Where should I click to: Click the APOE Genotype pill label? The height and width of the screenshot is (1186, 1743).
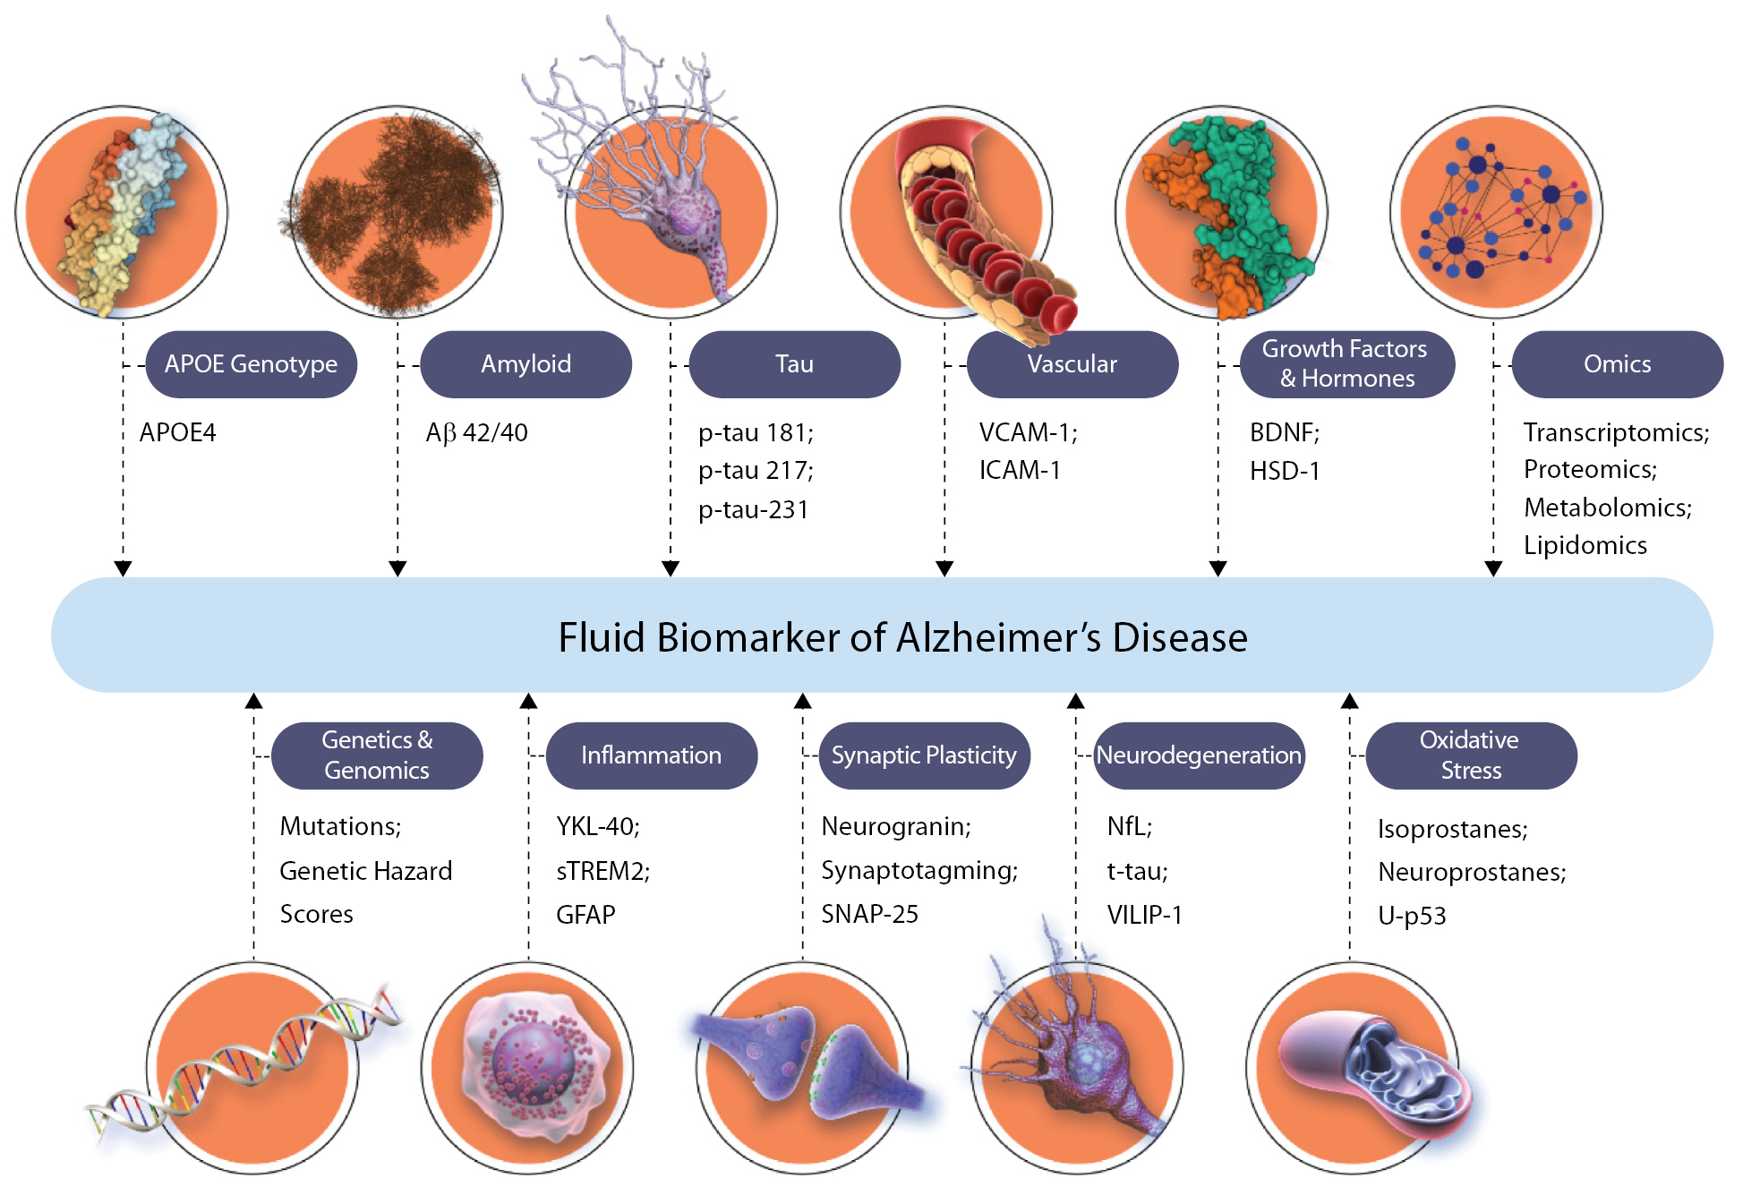point(251,364)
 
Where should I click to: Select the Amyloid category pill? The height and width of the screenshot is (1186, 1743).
point(525,364)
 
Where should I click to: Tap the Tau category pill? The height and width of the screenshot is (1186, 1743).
point(794,364)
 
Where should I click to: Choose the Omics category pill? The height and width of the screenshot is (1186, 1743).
point(1617,364)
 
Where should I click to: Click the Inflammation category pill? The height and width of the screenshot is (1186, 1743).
point(651,755)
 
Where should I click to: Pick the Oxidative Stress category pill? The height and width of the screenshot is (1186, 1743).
point(1470,755)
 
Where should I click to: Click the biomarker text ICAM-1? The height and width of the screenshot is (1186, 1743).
point(1020,471)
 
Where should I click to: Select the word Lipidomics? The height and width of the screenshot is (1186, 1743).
point(1585,545)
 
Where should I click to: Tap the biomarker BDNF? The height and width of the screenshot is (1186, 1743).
point(1282,433)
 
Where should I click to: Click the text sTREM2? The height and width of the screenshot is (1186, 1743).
point(601,871)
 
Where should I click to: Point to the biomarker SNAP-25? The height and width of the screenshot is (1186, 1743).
point(869,914)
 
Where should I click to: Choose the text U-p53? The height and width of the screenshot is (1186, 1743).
point(1412,916)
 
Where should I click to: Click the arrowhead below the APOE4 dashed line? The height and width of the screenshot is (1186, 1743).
point(124,568)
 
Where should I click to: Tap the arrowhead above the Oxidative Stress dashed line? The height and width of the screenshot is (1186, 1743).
point(1350,701)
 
